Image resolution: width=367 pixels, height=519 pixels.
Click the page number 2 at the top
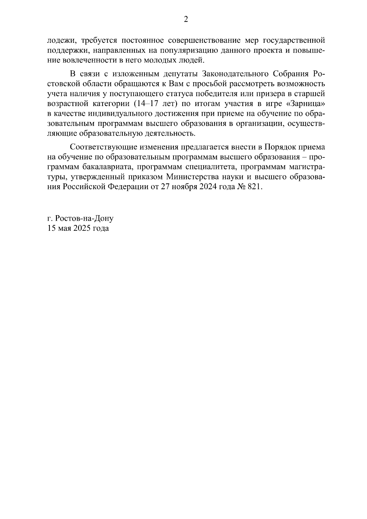click(x=186, y=20)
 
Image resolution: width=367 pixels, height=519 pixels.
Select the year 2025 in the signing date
click(x=82, y=228)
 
